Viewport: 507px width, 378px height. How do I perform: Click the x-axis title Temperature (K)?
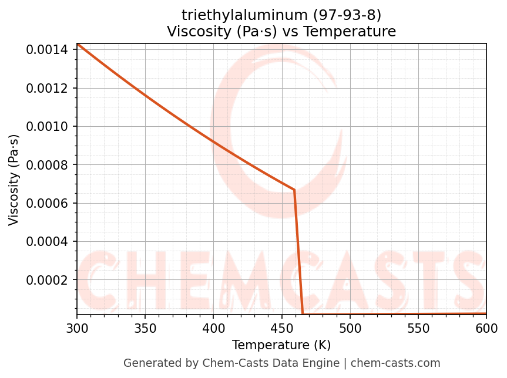tap(281, 345)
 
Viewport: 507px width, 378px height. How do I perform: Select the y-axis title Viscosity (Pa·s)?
tap(14, 180)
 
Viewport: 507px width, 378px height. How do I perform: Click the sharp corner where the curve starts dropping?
tap(294, 190)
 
